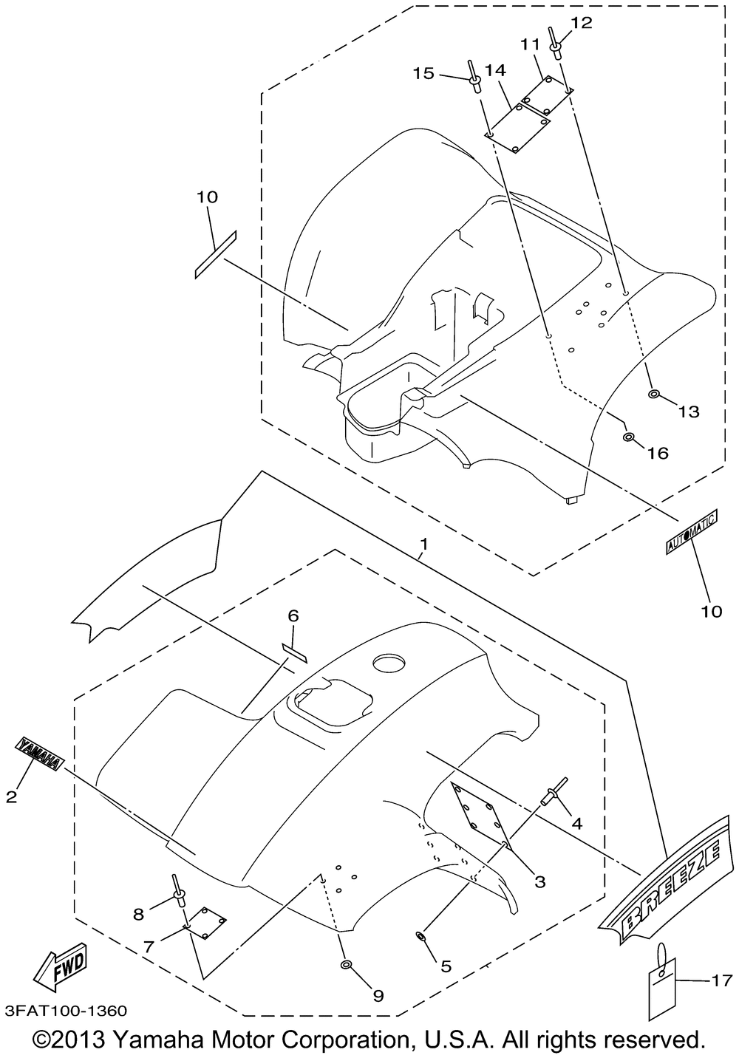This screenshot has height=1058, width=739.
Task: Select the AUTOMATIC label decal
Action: [691, 533]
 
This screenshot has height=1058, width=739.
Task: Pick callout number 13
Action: [689, 412]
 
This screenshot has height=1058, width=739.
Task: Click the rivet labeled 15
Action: [473, 82]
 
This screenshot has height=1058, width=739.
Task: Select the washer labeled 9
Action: [345, 965]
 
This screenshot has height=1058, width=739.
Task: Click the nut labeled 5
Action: [420, 937]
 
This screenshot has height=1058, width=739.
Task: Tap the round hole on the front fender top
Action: [389, 663]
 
